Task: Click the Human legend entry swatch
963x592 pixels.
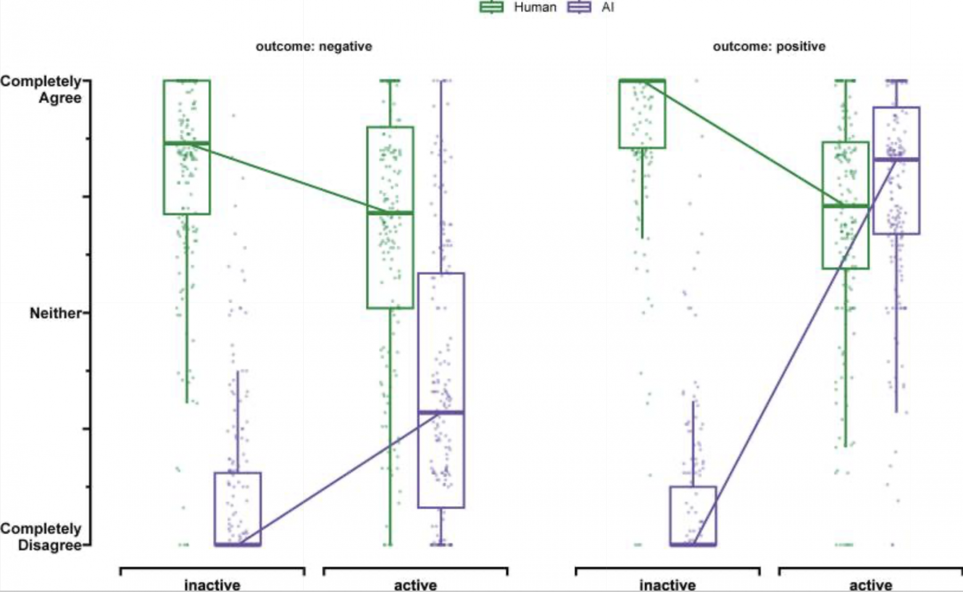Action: tap(491, 7)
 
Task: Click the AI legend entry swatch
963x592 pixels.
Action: tap(578, 7)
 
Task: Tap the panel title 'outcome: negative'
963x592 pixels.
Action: tap(314, 46)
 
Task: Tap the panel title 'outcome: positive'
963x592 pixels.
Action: tap(769, 46)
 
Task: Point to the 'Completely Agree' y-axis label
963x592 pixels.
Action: tap(42, 90)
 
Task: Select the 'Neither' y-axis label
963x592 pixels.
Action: tap(56, 313)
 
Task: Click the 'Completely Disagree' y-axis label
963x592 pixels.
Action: tap(42, 537)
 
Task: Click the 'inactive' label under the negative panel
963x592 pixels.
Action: tap(212, 585)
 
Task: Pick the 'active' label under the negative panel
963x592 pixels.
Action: tap(415, 585)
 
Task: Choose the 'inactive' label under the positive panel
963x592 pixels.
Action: tap(667, 585)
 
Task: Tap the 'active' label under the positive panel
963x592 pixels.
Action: tap(870, 585)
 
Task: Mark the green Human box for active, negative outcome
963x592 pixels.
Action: tap(390, 259)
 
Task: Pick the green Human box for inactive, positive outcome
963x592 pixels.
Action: tap(642, 117)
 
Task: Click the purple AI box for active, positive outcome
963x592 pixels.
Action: tap(896, 191)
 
